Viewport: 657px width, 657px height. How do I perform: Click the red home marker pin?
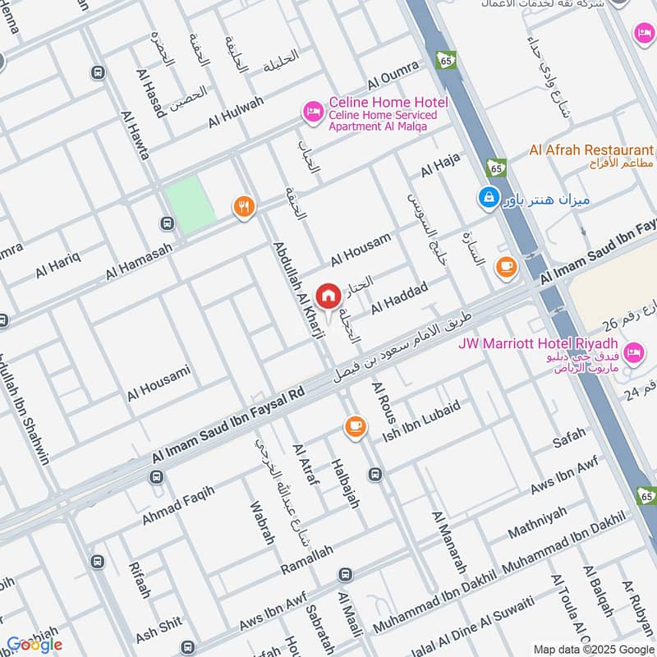(x=328, y=295)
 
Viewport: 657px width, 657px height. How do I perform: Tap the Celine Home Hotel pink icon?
(x=313, y=110)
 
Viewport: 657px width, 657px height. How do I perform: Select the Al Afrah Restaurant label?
(x=591, y=150)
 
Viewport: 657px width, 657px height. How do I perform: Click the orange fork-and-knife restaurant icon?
(x=242, y=207)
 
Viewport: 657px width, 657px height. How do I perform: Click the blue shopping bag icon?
(x=489, y=198)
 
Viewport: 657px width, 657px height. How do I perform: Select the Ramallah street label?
(x=307, y=560)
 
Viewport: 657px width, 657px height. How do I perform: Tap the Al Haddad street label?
(x=400, y=297)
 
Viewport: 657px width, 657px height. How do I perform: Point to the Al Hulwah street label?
(x=237, y=112)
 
